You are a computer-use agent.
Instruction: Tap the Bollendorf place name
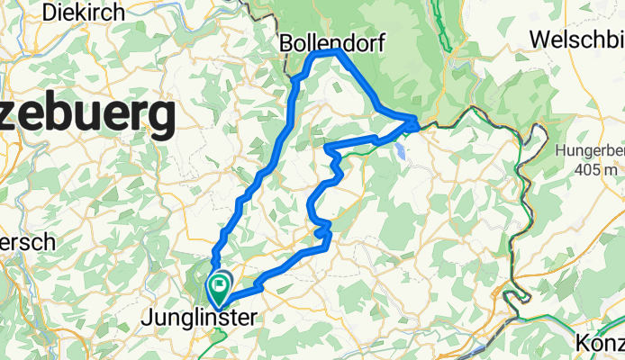pyautogui.click(x=328, y=42)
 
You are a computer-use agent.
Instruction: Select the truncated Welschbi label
pyautogui.click(x=576, y=40)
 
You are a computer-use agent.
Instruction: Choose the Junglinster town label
pyautogui.click(x=199, y=317)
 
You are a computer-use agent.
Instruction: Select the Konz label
pyautogui.click(x=599, y=342)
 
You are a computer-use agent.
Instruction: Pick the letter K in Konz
pyautogui.click(x=581, y=342)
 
